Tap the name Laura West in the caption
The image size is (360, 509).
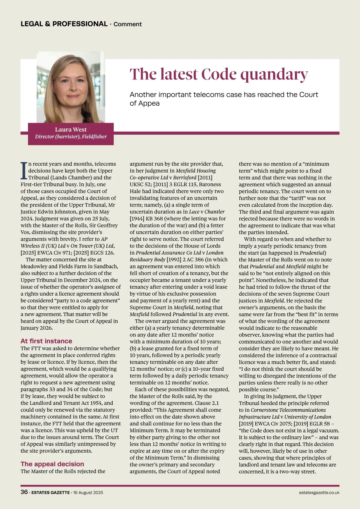(70, 130)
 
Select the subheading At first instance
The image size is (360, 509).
(46, 341)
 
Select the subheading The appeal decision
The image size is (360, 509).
(52, 464)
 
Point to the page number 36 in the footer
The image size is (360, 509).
(24, 492)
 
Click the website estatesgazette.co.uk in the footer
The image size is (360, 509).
(319, 492)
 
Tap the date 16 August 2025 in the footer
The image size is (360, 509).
(88, 492)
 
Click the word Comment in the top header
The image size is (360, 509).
(127, 24)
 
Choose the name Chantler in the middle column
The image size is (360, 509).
(214, 212)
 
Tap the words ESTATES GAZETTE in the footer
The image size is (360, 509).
(50, 492)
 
